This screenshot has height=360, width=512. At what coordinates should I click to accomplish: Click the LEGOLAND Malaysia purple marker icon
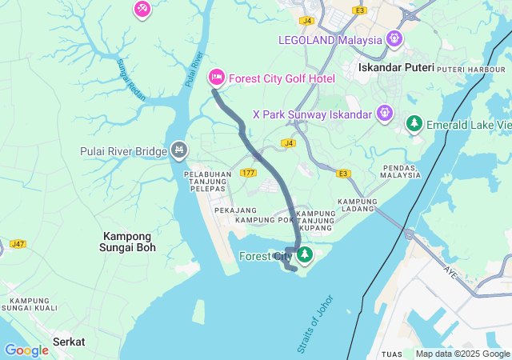[394, 38]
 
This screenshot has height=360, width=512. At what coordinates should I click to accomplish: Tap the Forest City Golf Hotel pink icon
[216, 78]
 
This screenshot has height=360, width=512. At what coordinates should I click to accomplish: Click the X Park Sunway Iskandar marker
[385, 113]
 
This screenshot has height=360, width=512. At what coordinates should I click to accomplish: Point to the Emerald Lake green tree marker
[414, 123]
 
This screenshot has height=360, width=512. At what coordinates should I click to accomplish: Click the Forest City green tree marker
[304, 255]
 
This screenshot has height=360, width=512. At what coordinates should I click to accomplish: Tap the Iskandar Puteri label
[396, 68]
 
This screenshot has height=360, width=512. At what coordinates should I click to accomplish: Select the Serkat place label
[69, 342]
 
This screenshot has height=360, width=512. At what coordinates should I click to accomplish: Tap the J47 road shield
[18, 243]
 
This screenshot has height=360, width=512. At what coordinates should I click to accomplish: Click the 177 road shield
[248, 173]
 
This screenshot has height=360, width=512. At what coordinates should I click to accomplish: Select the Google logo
[26, 350]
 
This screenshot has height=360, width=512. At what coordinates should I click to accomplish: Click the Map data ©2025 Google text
[462, 354]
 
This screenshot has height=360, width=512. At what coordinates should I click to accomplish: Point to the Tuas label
[393, 354]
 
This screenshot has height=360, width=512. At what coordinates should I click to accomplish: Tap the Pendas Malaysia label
[400, 171]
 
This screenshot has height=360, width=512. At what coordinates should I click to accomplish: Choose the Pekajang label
[231, 210]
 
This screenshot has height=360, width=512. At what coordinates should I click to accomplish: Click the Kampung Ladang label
[357, 206]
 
